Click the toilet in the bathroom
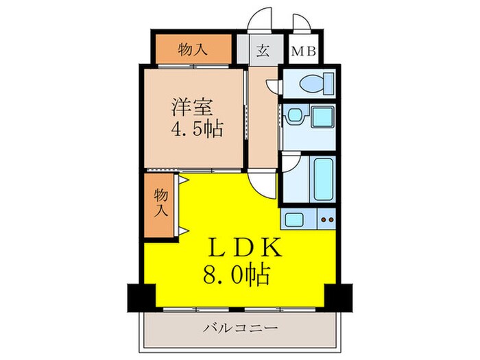click(x=312, y=84)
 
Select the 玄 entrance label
click(x=263, y=51)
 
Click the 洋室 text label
click(x=191, y=108)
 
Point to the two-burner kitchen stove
click(x=326, y=220)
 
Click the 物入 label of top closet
click(x=193, y=49)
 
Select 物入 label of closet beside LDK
click(x=160, y=203)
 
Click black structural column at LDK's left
click(x=141, y=296)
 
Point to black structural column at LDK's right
click(x=337, y=296)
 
